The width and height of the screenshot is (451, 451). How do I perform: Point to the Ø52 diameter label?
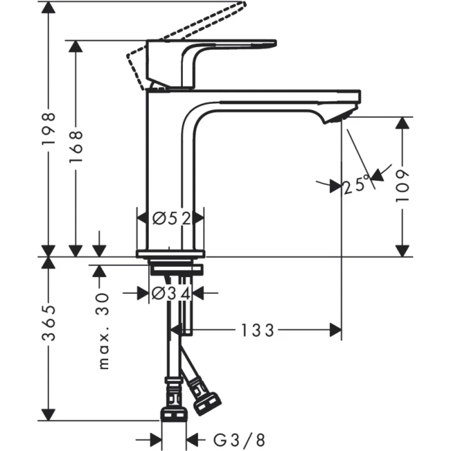171,218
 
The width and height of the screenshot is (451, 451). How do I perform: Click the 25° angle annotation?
356,186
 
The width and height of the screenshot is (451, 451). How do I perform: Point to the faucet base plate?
171,253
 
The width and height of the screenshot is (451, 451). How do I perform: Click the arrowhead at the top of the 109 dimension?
403,122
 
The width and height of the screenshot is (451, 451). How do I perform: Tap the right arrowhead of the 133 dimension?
336,331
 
